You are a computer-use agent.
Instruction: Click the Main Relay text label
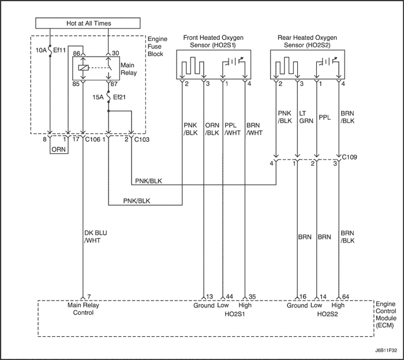coord(128,70)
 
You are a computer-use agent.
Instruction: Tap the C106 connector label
coord(93,139)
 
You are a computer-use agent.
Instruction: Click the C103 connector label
coord(141,139)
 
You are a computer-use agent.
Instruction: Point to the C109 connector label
coord(350,156)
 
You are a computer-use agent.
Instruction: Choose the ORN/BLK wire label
coord(211,128)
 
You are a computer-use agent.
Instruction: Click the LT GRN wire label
coord(306,117)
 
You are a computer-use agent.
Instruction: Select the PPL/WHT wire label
coord(231,128)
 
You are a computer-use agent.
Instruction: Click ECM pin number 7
coord(89,296)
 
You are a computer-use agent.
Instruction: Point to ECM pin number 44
coord(230,296)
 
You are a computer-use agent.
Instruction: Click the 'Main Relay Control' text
coord(80,309)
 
